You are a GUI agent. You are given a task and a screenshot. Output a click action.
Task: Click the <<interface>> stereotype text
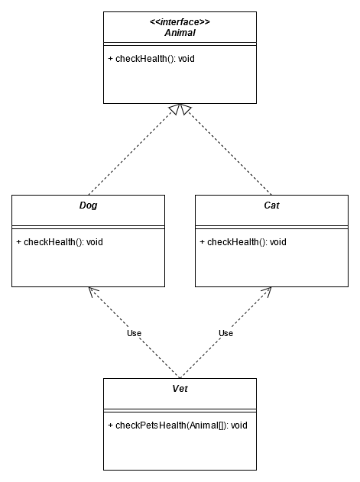[180, 22]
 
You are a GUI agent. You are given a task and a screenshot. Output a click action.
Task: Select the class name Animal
[180, 33]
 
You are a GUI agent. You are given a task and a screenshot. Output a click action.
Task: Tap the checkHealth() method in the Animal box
[151, 59]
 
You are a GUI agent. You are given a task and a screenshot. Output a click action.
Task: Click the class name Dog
[89, 205]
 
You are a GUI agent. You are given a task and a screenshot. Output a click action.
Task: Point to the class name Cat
[271, 205]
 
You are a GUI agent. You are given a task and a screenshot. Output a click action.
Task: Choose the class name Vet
[180, 389]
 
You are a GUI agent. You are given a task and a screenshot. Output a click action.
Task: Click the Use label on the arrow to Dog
[135, 333]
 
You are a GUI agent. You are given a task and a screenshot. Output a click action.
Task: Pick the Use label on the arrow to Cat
[225, 333]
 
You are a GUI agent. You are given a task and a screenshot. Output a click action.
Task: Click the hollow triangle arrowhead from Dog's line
[175, 108]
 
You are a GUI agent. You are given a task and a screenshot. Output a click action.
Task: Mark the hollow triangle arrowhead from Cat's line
[185, 108]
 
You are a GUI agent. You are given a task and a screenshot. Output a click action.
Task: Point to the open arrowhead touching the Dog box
[93, 292]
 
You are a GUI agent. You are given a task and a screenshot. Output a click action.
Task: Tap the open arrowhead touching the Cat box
[267, 292]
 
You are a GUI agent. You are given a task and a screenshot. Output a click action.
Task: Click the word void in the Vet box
[239, 425]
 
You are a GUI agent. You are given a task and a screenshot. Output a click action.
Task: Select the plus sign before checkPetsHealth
[111, 425]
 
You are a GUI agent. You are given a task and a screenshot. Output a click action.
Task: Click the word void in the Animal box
[186, 59]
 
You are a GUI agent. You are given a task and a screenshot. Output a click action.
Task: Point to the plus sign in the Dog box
[19, 242]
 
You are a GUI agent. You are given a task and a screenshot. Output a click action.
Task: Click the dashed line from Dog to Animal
[131, 152]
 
